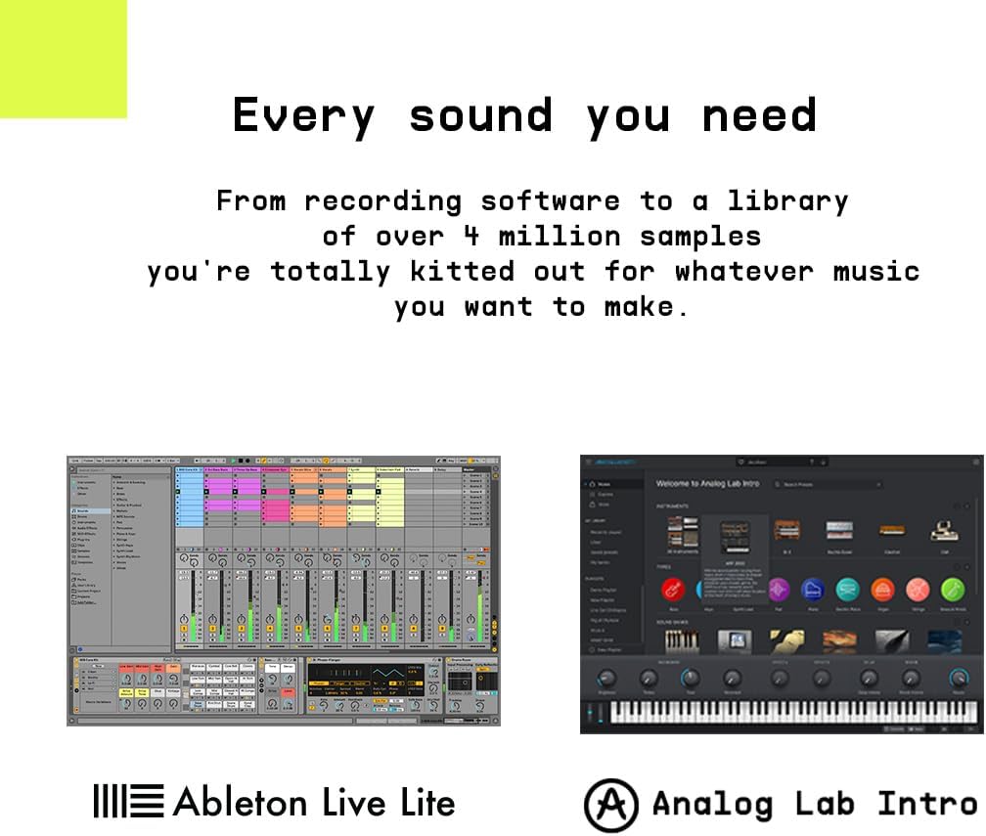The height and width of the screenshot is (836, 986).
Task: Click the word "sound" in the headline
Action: point(479,116)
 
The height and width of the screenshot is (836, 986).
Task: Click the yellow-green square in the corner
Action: point(63,58)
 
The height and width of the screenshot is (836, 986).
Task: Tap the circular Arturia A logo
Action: point(611,805)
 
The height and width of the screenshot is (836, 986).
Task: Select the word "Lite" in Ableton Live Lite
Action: point(428,803)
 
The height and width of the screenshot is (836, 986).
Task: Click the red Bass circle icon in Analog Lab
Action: point(672,589)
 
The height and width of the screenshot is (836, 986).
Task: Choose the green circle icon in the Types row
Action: point(952,589)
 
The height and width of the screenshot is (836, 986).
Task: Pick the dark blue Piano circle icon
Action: point(814,589)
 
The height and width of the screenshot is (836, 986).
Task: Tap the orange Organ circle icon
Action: point(882,589)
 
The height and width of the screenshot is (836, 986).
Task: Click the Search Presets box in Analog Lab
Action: point(827,484)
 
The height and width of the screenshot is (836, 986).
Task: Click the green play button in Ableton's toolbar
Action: point(234,460)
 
